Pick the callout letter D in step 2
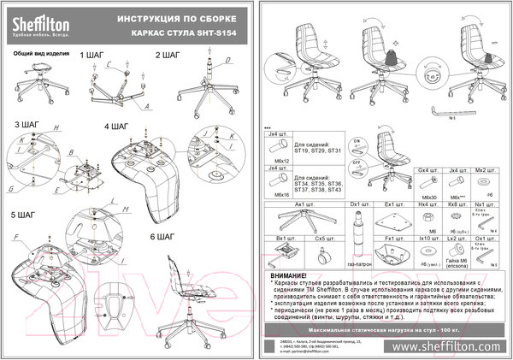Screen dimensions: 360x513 [x=228, y=60]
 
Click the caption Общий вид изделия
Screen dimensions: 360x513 [x=38, y=52]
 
